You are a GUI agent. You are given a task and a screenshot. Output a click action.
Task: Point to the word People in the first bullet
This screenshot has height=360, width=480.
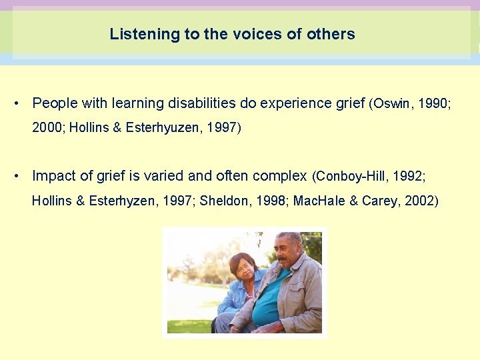(54, 103)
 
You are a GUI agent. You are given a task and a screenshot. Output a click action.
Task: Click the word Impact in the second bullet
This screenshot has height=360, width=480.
(53, 177)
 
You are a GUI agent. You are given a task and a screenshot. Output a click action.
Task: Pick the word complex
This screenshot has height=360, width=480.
(281, 177)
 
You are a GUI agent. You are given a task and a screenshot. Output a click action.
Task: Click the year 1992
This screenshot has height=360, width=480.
(408, 177)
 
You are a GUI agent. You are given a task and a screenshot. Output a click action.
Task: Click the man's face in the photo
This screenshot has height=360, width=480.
(289, 252)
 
